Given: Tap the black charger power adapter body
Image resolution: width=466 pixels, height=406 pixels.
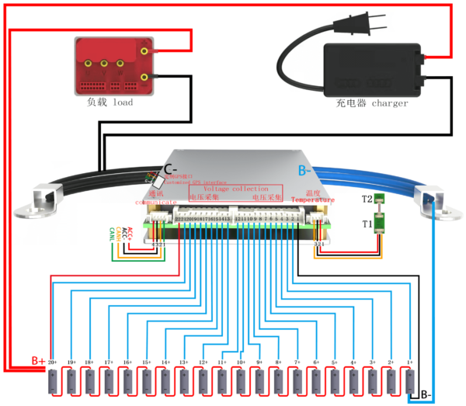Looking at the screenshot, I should click(373, 68).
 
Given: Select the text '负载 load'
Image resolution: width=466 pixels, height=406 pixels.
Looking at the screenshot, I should click(110, 102).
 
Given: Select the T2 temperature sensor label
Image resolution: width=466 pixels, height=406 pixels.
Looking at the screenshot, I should click(367, 199).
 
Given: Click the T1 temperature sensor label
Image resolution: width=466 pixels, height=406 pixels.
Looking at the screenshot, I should click(367, 224).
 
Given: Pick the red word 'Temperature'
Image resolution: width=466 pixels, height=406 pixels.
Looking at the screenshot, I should click(313, 200).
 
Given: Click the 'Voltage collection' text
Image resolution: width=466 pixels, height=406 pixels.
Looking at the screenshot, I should click(236, 189).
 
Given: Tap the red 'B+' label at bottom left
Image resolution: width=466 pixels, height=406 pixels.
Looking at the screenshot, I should click(39, 361).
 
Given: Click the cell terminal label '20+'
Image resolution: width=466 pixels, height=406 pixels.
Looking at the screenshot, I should click(52, 363).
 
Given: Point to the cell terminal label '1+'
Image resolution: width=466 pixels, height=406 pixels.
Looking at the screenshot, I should click(410, 363).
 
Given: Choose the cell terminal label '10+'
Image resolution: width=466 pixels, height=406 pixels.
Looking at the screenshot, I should click(241, 363).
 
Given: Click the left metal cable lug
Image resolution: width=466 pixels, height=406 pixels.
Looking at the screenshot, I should click(46, 200).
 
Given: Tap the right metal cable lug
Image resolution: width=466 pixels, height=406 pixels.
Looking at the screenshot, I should click(429, 200).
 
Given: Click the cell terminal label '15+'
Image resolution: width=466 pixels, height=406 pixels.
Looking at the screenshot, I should click(146, 363).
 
